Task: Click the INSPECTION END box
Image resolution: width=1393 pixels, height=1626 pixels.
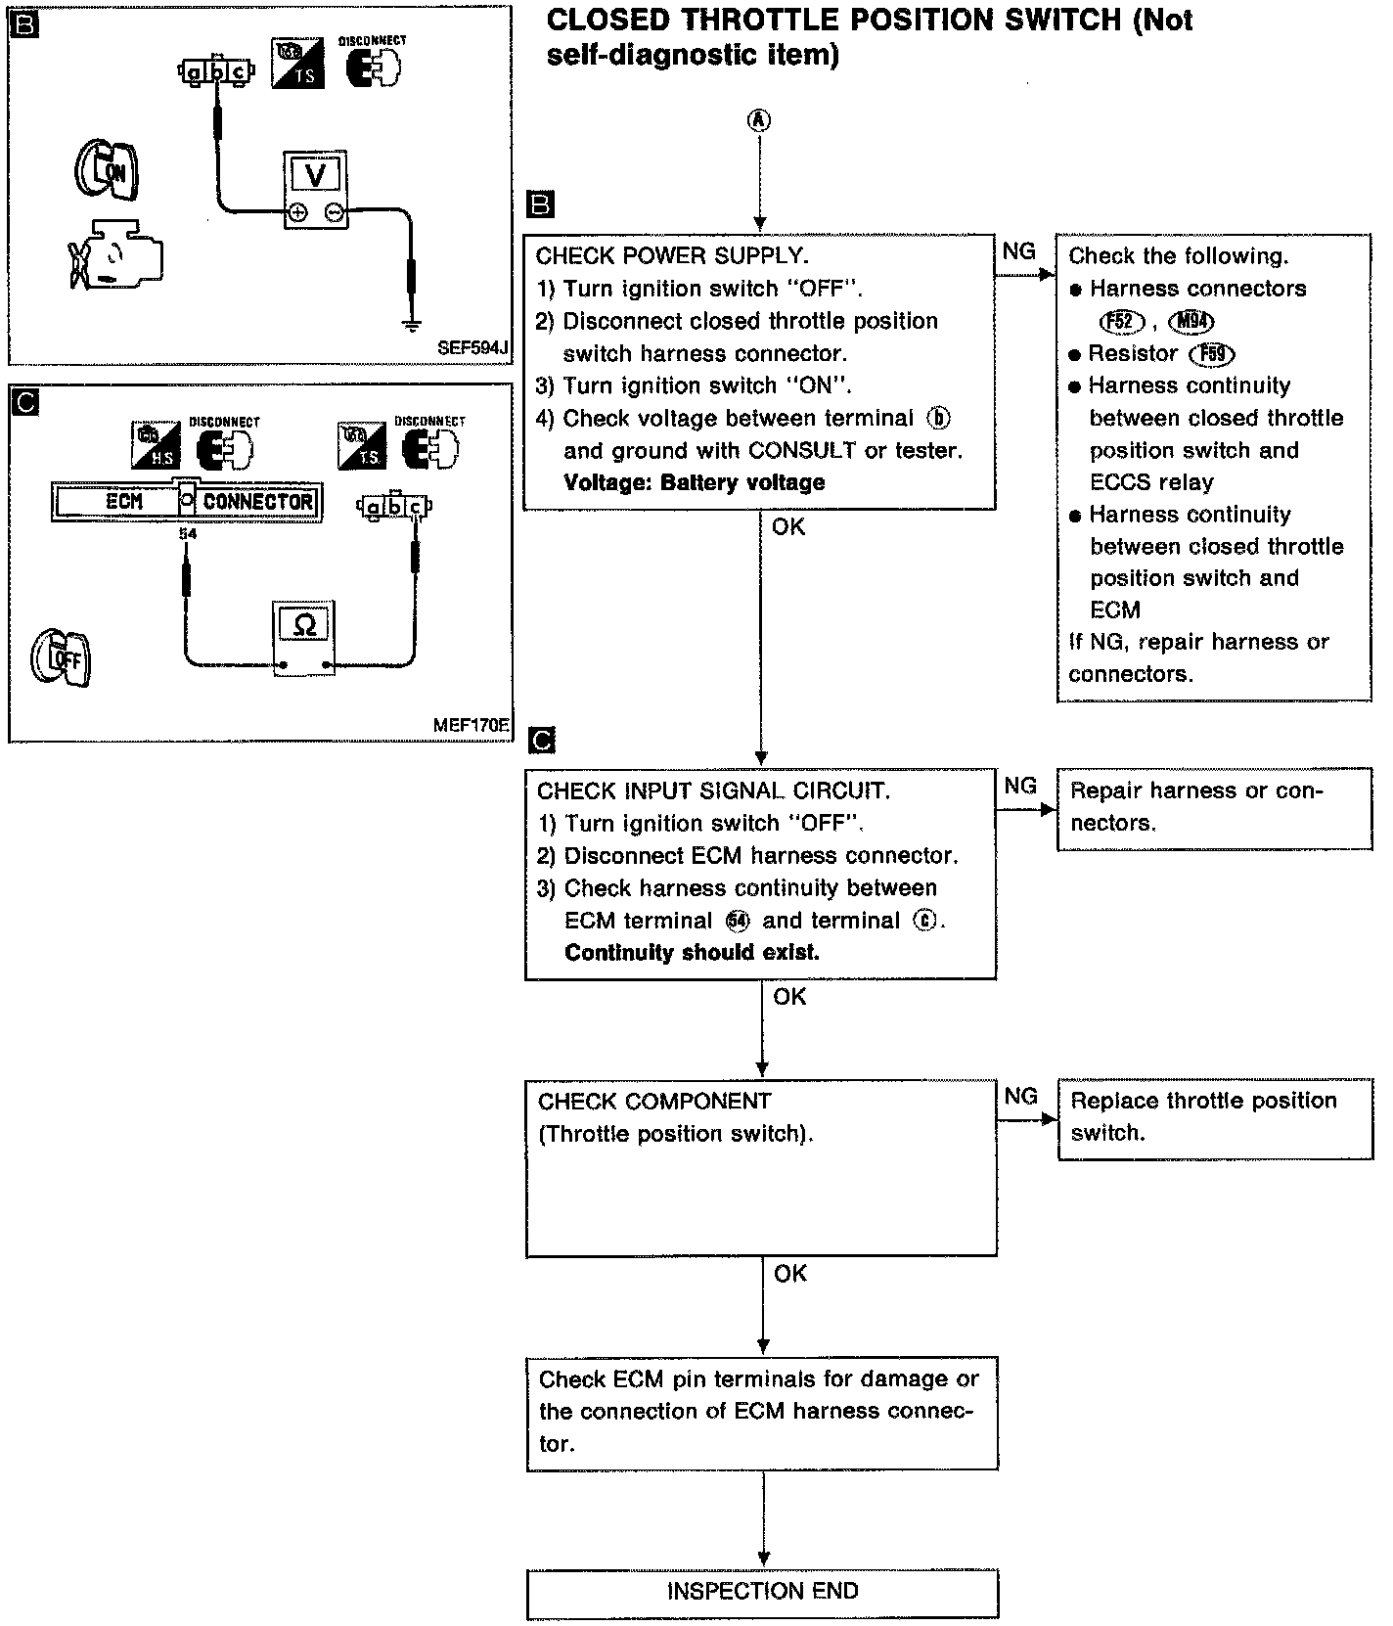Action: [762, 1591]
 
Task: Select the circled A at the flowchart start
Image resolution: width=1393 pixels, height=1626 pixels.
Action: [759, 120]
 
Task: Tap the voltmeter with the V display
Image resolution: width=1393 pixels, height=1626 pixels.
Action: [315, 190]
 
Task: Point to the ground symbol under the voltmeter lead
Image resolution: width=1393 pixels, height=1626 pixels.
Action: [413, 324]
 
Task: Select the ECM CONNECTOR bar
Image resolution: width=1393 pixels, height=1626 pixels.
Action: [186, 502]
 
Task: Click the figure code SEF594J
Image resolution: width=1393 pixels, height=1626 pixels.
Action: [473, 347]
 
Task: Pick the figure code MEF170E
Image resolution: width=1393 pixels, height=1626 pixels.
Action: [471, 726]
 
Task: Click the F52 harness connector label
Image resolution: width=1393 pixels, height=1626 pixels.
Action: [1121, 321]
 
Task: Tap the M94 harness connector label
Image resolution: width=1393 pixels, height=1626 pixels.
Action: [1191, 321]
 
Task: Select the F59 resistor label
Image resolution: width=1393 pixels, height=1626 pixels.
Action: [1212, 354]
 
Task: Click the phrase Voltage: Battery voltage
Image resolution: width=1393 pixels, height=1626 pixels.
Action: [695, 482]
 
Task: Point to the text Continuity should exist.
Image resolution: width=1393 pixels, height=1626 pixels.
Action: [692, 952]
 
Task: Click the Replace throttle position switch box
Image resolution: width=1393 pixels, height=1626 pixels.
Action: [1214, 1117]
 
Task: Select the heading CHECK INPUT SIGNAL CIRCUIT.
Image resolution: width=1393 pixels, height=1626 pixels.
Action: [713, 790]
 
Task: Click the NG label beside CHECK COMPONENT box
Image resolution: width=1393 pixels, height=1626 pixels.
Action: [1020, 1096]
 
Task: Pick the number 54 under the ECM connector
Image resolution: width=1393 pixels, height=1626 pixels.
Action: [188, 534]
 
